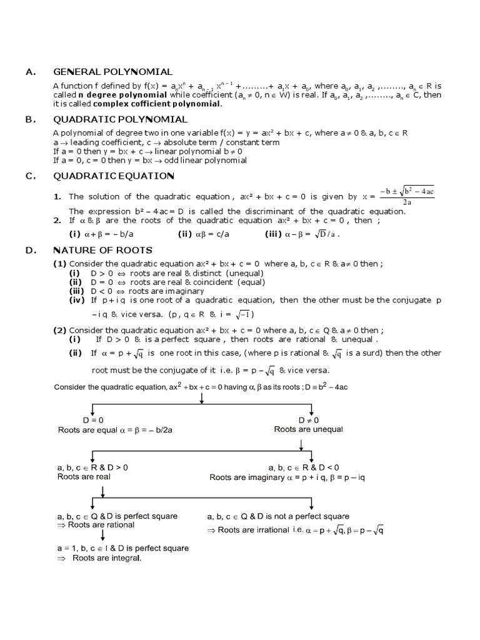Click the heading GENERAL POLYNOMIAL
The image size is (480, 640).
coord(112,72)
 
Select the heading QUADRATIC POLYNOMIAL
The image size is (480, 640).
coord(120,119)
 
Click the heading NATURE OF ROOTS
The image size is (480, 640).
coord(102,251)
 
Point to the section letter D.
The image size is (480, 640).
coord(29,251)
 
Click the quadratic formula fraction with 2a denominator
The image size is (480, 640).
coord(406,196)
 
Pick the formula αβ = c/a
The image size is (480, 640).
coord(209,234)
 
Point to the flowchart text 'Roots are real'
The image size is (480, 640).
coord(84,476)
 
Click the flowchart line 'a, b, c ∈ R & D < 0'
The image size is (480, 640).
coord(304,467)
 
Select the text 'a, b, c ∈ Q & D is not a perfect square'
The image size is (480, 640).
coord(277,516)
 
